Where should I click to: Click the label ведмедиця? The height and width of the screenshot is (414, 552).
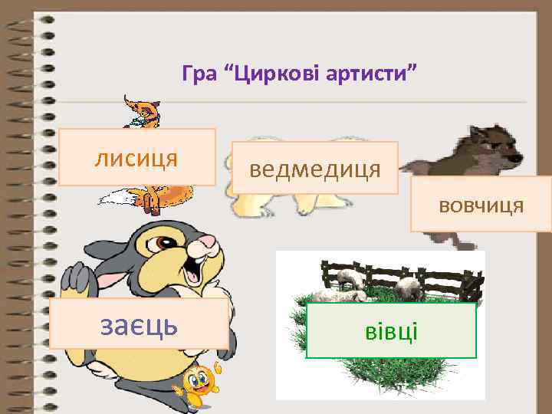314,168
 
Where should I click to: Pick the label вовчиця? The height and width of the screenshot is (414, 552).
481,205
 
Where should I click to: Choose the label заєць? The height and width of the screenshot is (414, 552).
140,324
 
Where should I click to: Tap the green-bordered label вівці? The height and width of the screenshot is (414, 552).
391,331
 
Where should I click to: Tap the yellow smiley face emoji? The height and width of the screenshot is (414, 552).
199,380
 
